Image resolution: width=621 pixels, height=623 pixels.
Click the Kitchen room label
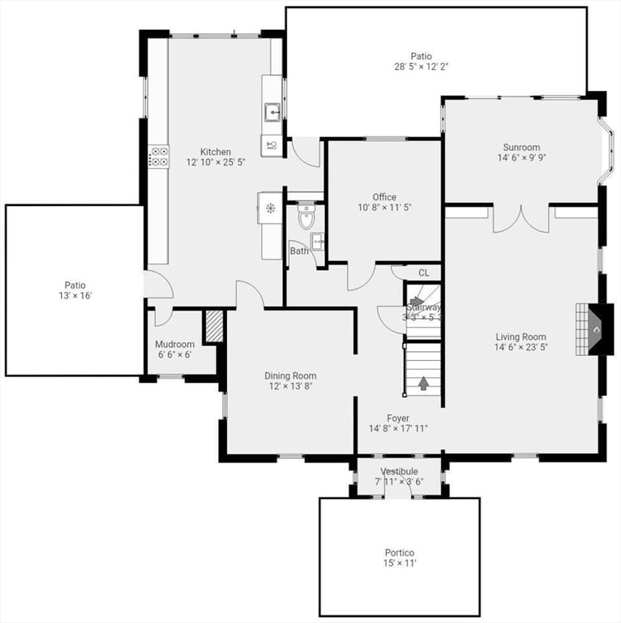(216, 152)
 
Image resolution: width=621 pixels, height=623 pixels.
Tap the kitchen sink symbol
(272, 112)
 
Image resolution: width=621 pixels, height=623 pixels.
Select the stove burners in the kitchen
(158, 157)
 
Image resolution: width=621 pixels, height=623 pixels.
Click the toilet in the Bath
(306, 218)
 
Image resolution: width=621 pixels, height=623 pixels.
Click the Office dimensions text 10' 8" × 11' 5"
(384, 208)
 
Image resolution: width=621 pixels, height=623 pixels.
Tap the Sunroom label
(521, 148)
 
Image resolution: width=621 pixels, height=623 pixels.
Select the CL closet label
(423, 273)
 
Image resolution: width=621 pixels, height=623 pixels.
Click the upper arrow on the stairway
(416, 301)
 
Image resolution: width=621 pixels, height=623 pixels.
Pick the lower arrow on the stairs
(423, 382)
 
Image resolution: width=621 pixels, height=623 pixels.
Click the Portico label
(399, 552)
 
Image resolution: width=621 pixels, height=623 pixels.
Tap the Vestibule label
(399, 471)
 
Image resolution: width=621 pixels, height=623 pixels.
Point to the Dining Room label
(290, 376)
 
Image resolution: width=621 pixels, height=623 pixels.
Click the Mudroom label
(175, 344)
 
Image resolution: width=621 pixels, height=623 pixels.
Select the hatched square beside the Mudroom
(213, 326)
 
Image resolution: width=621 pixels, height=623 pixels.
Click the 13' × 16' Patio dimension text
(75, 296)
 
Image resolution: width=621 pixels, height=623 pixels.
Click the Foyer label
(398, 418)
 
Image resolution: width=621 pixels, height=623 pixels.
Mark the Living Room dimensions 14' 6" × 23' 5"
(521, 348)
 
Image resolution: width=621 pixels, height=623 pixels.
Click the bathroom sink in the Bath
(317, 241)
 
